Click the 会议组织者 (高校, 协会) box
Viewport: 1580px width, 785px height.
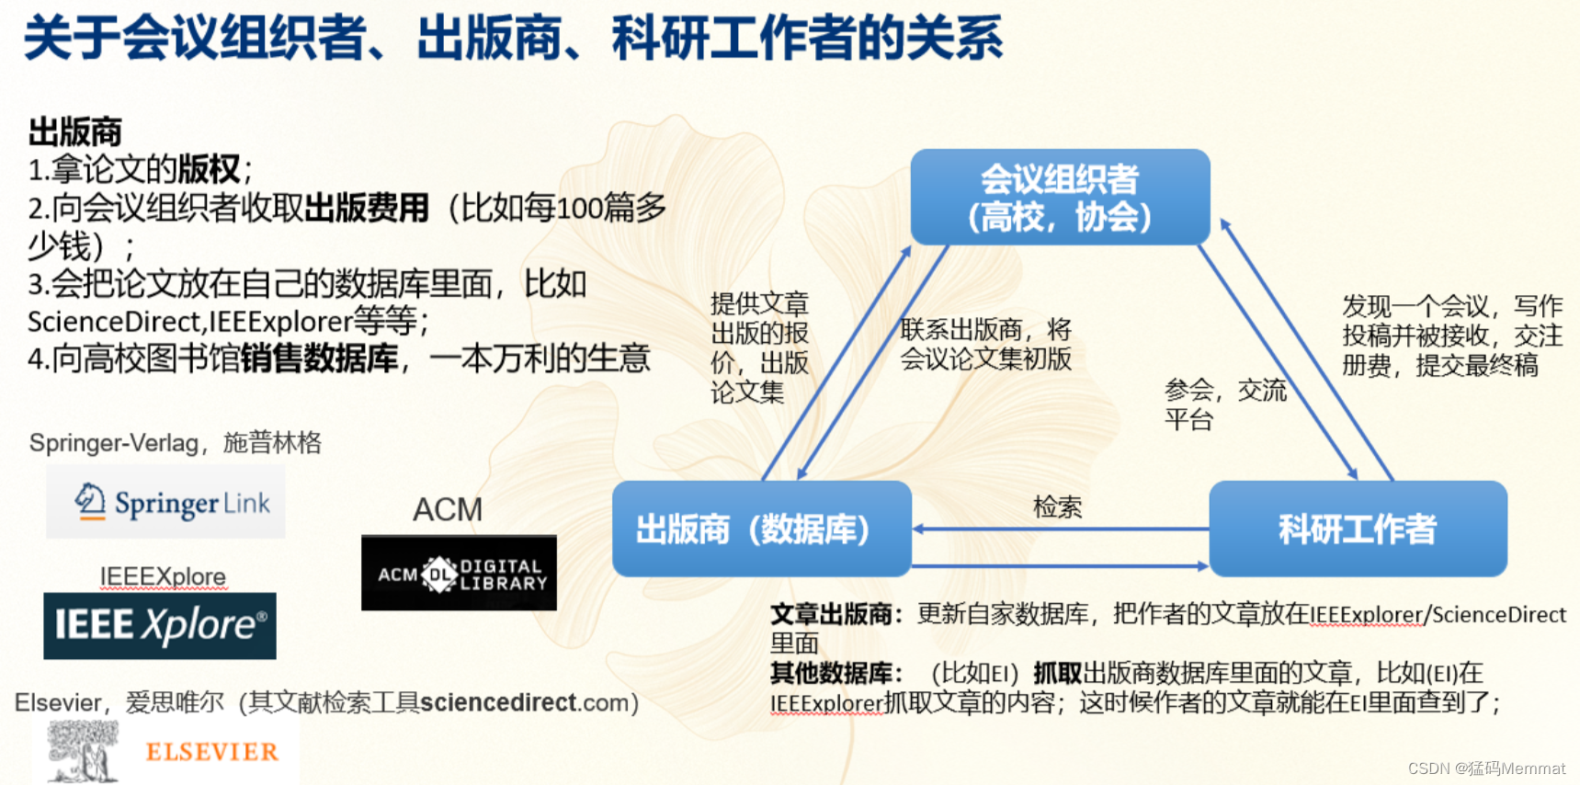(x=1060, y=197)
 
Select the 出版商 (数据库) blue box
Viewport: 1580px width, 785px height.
(x=761, y=529)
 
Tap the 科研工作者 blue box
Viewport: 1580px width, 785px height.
(x=1358, y=529)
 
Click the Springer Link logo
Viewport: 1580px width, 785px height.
(x=166, y=502)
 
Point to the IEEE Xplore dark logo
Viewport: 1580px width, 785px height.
(x=160, y=626)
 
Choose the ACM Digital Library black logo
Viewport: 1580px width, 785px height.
(x=459, y=574)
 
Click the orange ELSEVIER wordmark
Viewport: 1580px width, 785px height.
(x=211, y=752)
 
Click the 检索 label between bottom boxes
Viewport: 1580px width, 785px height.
(x=1057, y=506)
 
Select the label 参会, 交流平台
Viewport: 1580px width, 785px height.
(x=1223, y=404)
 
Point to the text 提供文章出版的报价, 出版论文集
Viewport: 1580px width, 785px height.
(x=759, y=347)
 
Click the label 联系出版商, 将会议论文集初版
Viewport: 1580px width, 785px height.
(x=985, y=344)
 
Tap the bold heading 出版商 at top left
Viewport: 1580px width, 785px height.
(x=74, y=131)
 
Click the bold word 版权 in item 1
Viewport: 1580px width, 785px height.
(x=209, y=169)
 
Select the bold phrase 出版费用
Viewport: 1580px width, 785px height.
(x=367, y=208)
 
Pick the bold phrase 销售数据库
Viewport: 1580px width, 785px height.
(x=319, y=358)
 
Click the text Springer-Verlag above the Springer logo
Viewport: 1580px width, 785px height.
(x=113, y=443)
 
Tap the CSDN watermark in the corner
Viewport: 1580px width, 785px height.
(x=1485, y=768)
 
